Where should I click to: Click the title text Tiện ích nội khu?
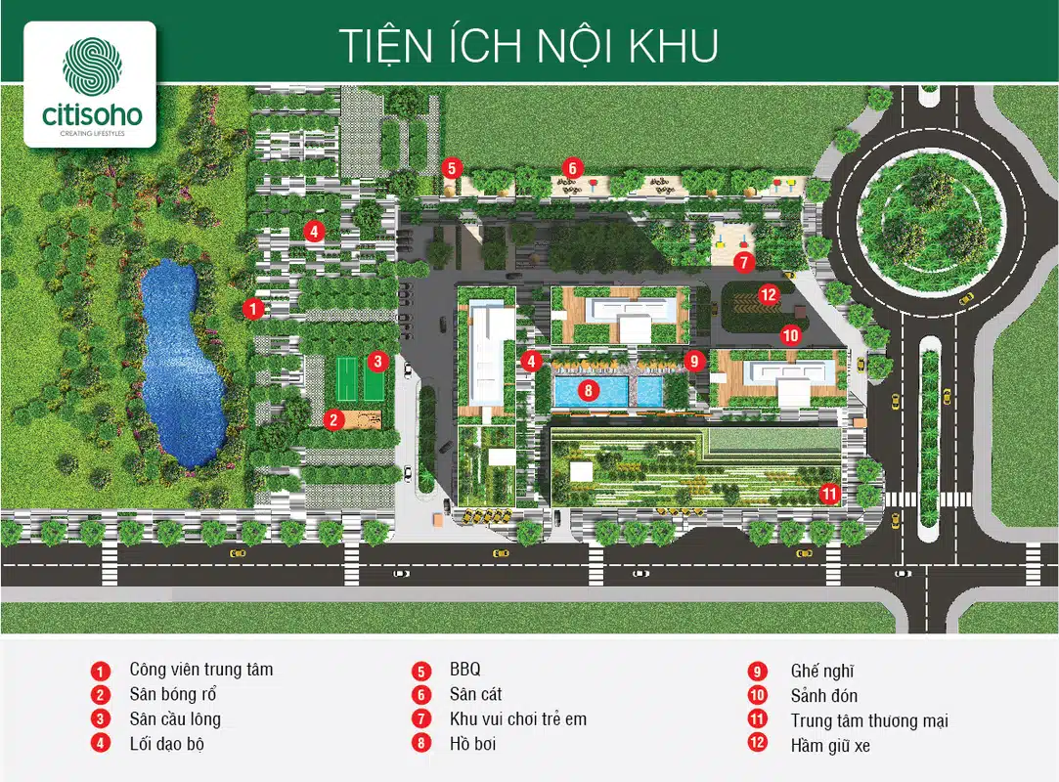(528, 45)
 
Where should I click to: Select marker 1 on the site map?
(253, 309)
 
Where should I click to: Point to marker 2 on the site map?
(334, 420)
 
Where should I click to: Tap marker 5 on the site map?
(450, 167)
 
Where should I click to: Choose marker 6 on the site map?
(573, 167)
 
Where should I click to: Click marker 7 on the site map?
(743, 262)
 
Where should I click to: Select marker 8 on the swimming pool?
(588, 390)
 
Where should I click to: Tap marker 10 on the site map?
(790, 335)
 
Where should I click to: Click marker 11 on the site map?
(829, 494)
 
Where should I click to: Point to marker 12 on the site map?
(768, 293)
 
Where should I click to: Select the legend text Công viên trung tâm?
(200, 670)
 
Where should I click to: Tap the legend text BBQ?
(465, 671)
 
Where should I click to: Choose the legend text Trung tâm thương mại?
(869, 720)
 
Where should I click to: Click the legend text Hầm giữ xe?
(830, 746)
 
